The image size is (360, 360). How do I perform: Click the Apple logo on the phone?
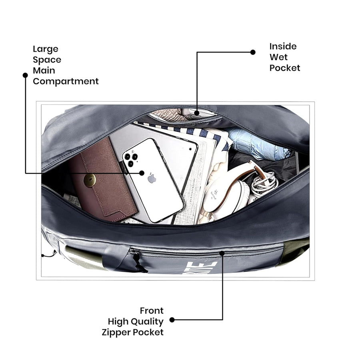pos(152,179)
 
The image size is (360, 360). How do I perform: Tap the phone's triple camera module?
pos(131,158)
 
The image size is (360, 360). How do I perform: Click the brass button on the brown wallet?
pos(90,181)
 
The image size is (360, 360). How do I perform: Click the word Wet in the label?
pos(278,57)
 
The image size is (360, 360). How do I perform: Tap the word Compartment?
pos(66,81)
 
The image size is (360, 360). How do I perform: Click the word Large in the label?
pos(46,49)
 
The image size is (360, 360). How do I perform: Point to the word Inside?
pos(283,46)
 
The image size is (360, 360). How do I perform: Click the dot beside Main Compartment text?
pos(25,75)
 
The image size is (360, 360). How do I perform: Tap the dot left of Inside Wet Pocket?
pos(253,52)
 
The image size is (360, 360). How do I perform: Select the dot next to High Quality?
pos(172,320)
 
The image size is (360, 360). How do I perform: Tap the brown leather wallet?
pos(102,180)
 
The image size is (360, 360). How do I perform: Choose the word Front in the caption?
pos(152,311)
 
